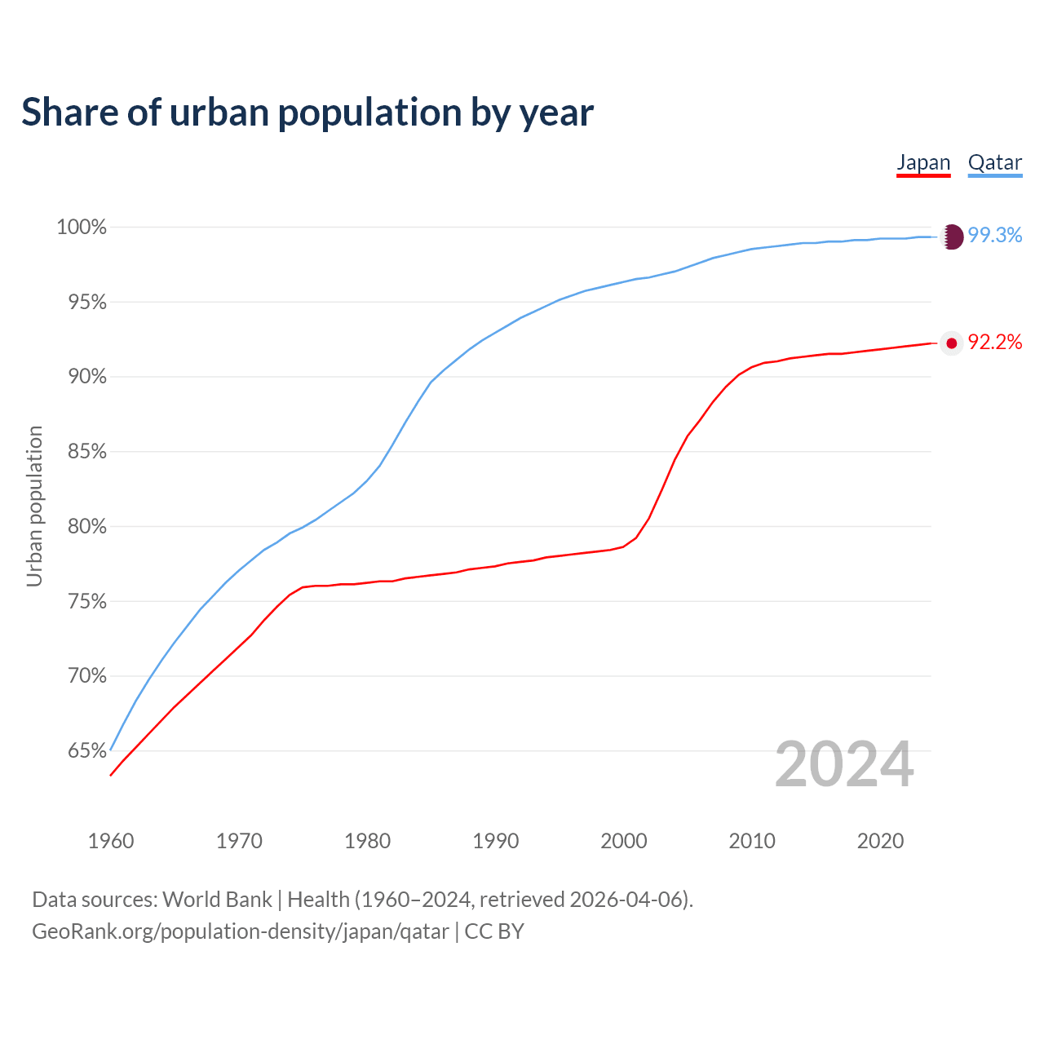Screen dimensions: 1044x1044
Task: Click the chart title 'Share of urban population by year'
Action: click(307, 113)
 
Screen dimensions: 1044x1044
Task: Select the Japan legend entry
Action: click(923, 163)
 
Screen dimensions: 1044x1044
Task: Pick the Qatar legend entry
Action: click(994, 163)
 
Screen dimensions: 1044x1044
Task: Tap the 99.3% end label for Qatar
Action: click(995, 236)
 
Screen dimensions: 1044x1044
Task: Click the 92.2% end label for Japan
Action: click(995, 343)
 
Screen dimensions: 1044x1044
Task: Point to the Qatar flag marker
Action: click(952, 237)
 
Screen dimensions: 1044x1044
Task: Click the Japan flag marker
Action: click(951, 343)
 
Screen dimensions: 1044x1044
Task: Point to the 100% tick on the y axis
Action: click(82, 228)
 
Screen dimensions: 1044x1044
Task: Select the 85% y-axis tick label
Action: click(86, 452)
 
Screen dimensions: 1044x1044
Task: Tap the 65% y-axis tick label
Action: click(86, 751)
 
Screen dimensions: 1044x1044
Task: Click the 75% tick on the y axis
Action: click(86, 602)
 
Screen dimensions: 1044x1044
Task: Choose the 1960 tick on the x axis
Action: click(111, 841)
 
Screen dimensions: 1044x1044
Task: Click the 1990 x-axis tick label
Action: click(496, 841)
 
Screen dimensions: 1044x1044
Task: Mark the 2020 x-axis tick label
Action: click(880, 841)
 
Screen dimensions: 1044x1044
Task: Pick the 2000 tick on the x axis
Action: click(624, 841)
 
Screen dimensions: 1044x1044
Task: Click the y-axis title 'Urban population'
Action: click(34, 506)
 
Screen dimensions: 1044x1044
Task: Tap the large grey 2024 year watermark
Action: click(844, 765)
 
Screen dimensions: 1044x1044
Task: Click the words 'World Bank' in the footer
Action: click(217, 900)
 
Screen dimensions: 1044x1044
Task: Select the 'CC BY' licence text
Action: click(494, 931)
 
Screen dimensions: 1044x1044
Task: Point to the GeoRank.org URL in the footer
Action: click(241, 931)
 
